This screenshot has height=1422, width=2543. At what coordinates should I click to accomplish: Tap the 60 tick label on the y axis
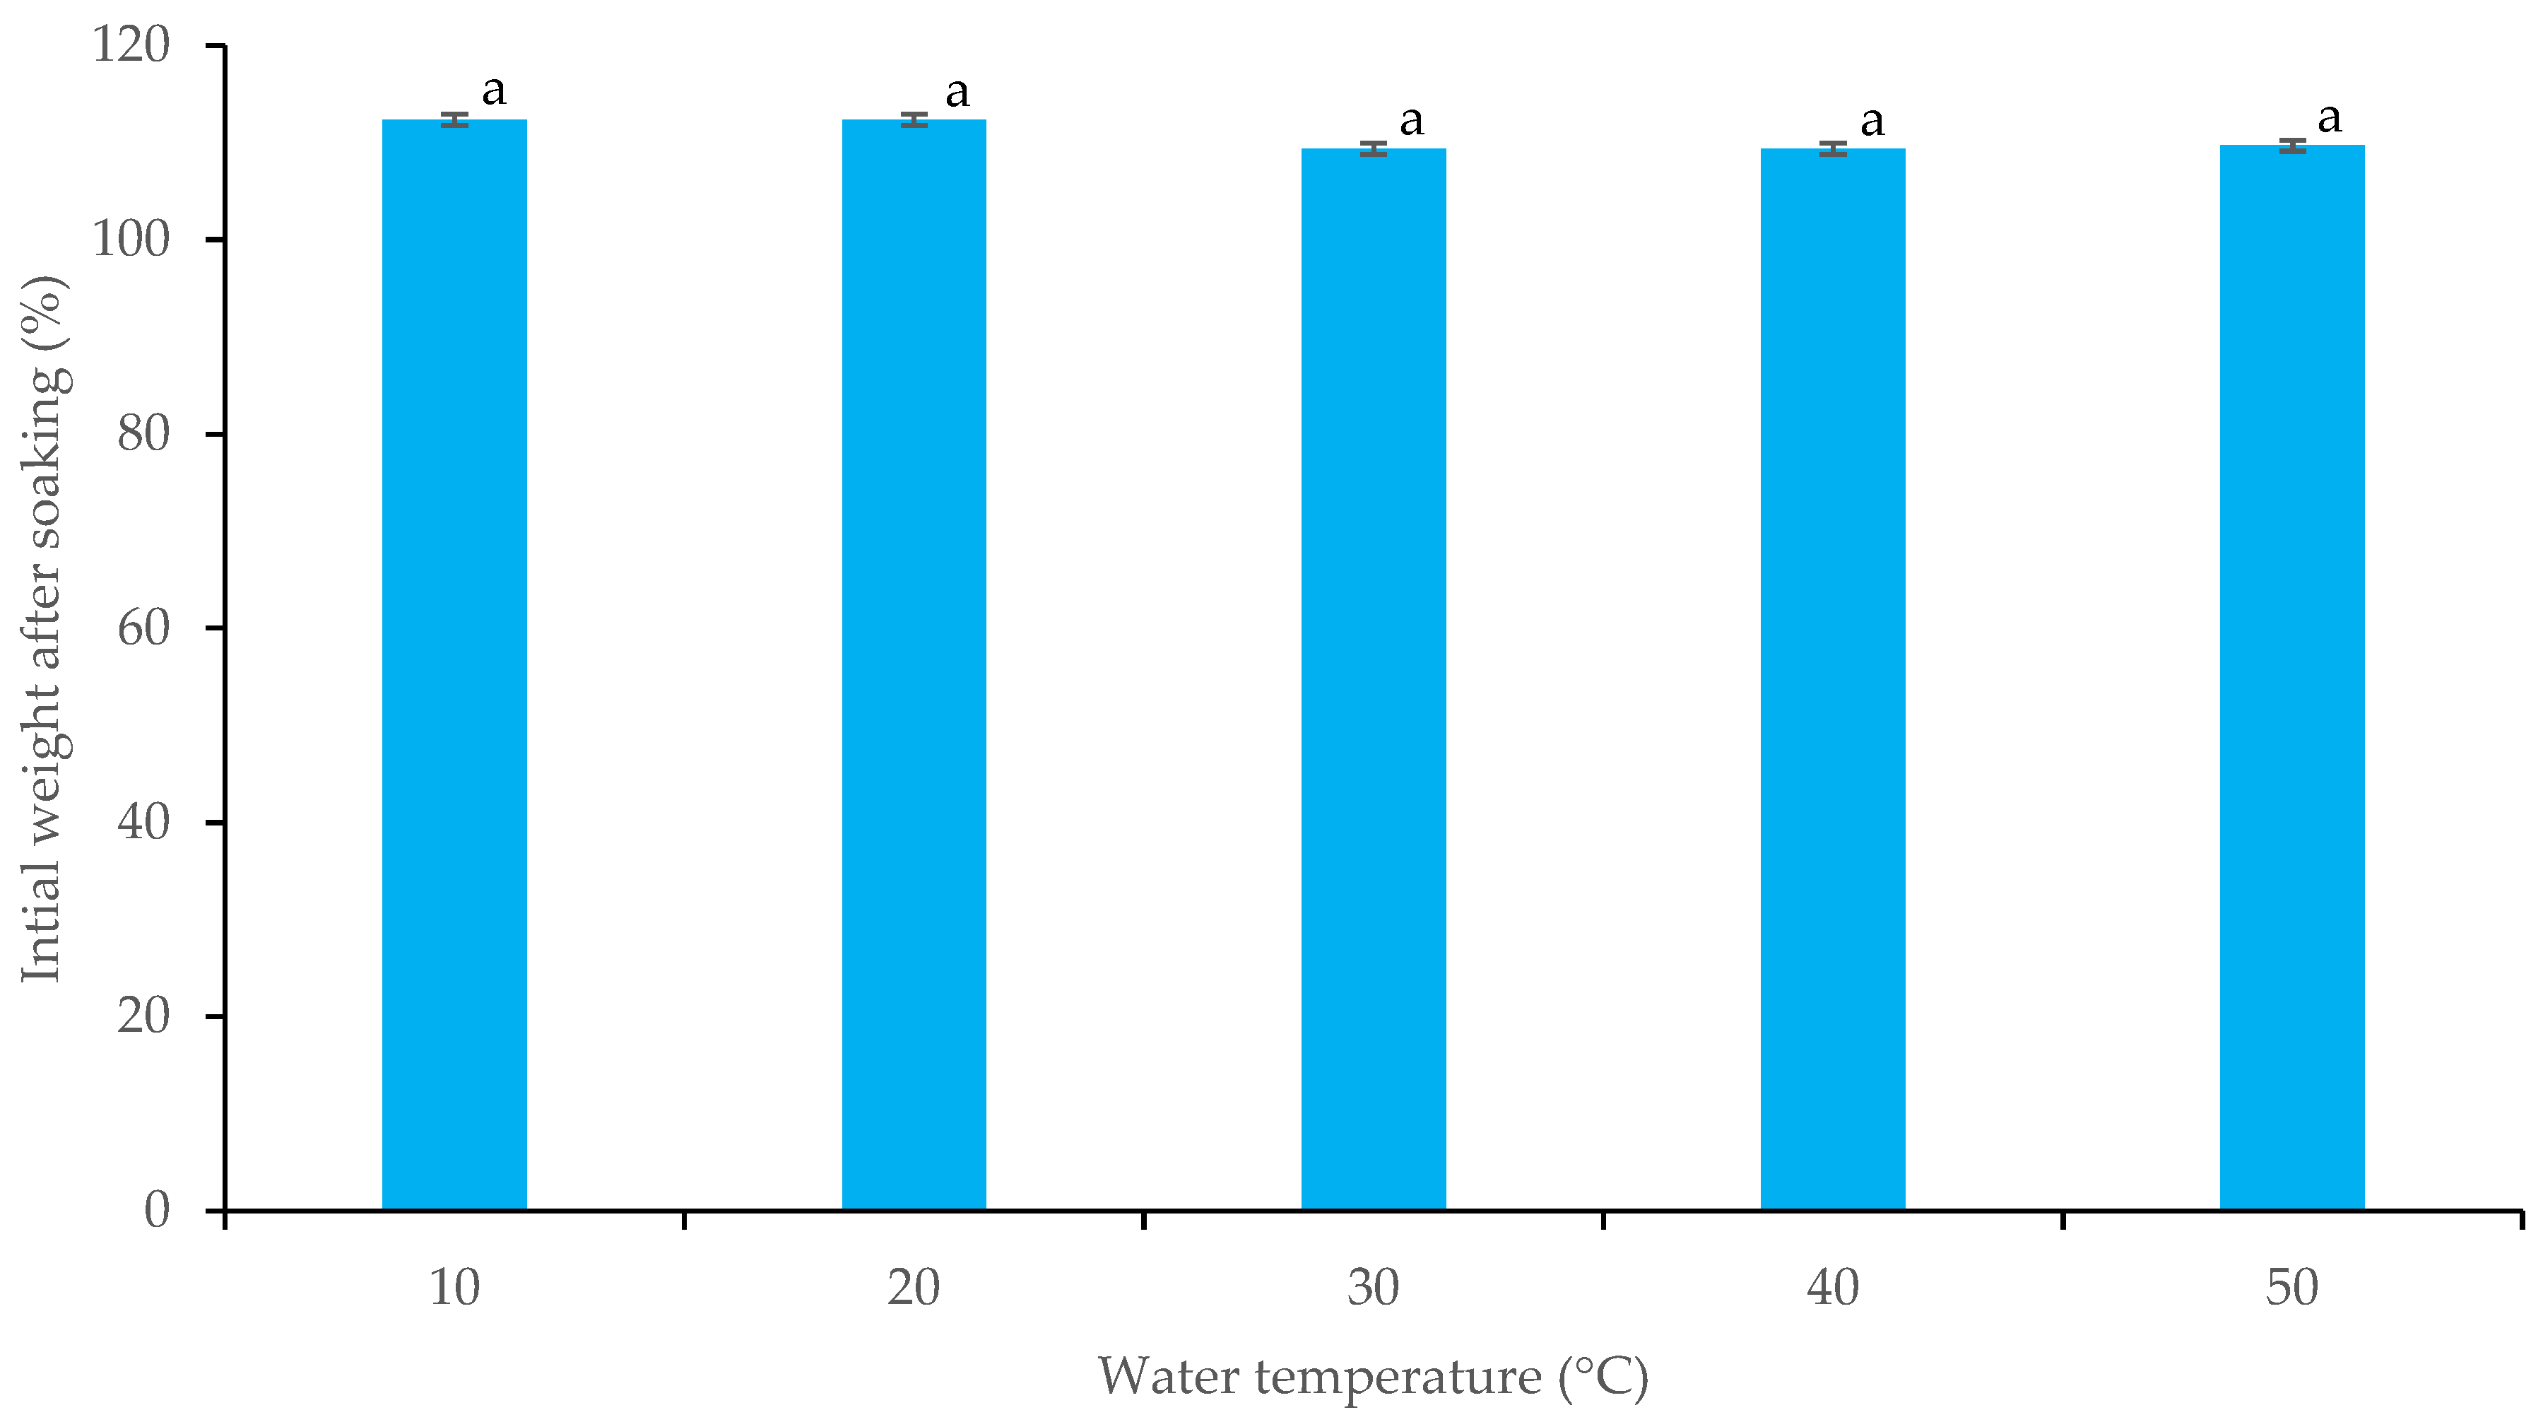click(x=143, y=628)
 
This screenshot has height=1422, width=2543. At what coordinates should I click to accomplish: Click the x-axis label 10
click(x=454, y=1288)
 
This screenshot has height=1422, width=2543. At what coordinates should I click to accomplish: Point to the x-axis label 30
click(x=1373, y=1288)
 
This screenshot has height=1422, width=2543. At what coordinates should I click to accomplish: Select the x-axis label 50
click(x=2292, y=1288)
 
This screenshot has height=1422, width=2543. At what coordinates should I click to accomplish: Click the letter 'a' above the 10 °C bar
click(x=494, y=92)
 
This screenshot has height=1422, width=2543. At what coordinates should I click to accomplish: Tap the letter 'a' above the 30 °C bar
click(x=1412, y=122)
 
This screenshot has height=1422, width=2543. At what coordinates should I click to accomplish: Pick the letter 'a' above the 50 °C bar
click(x=2330, y=119)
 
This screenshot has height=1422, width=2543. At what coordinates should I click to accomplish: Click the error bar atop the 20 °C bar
click(x=913, y=120)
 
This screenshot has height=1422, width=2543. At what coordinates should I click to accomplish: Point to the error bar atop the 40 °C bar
click(x=1832, y=149)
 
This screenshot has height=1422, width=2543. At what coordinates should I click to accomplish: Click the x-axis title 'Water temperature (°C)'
click(x=1373, y=1377)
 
